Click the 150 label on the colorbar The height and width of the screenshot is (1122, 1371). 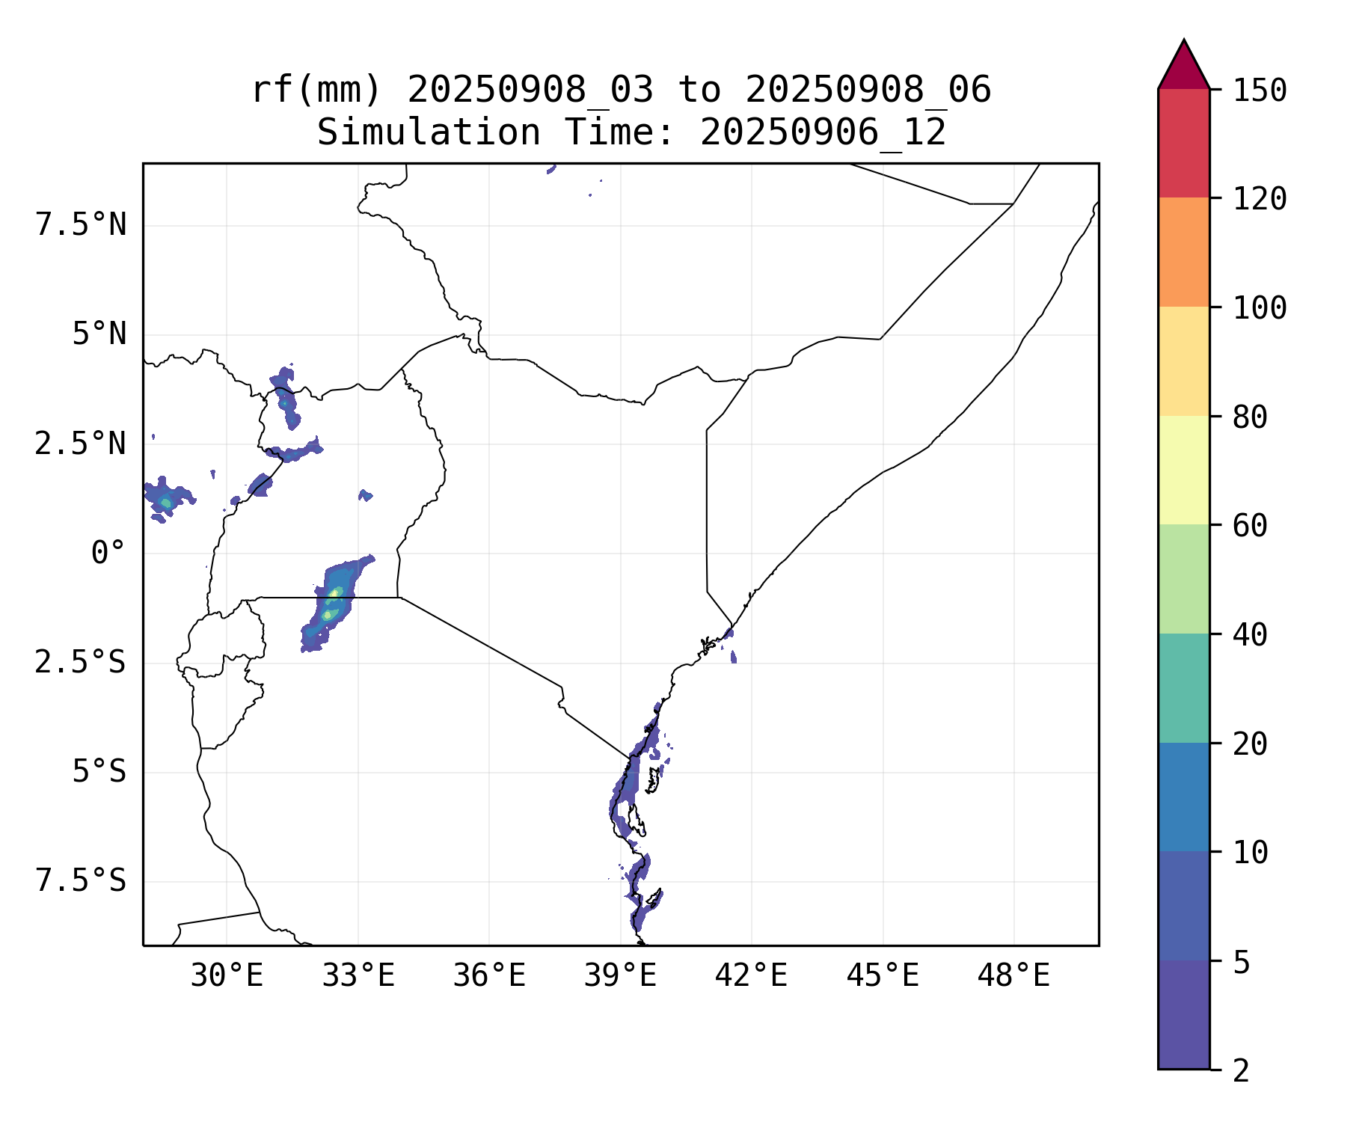click(1260, 91)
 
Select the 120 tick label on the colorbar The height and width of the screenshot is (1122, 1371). click(1260, 200)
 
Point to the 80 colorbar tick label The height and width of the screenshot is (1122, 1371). click(1250, 417)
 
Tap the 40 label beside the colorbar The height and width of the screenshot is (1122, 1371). click(1250, 635)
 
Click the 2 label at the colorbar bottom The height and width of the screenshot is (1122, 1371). click(1241, 1071)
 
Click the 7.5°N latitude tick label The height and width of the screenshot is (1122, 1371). click(81, 225)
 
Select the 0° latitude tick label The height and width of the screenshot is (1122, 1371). click(108, 554)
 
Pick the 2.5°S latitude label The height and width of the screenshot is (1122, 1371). click(81, 663)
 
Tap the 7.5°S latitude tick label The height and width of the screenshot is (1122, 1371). click(81, 881)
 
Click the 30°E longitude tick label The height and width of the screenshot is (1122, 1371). click(227, 976)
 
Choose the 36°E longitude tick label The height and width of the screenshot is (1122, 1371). click(489, 976)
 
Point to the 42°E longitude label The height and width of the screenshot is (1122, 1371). click(751, 976)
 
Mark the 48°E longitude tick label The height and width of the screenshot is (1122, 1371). click(1013, 976)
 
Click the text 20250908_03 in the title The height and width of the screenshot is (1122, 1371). click(530, 91)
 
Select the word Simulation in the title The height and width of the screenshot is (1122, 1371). click(429, 133)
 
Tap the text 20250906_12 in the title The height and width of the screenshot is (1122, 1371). click(823, 133)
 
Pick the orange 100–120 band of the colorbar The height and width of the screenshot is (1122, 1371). click(1183, 252)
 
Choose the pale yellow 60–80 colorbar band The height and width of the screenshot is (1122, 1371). click(1183, 470)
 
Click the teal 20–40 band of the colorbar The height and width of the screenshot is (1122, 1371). click(1183, 687)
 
